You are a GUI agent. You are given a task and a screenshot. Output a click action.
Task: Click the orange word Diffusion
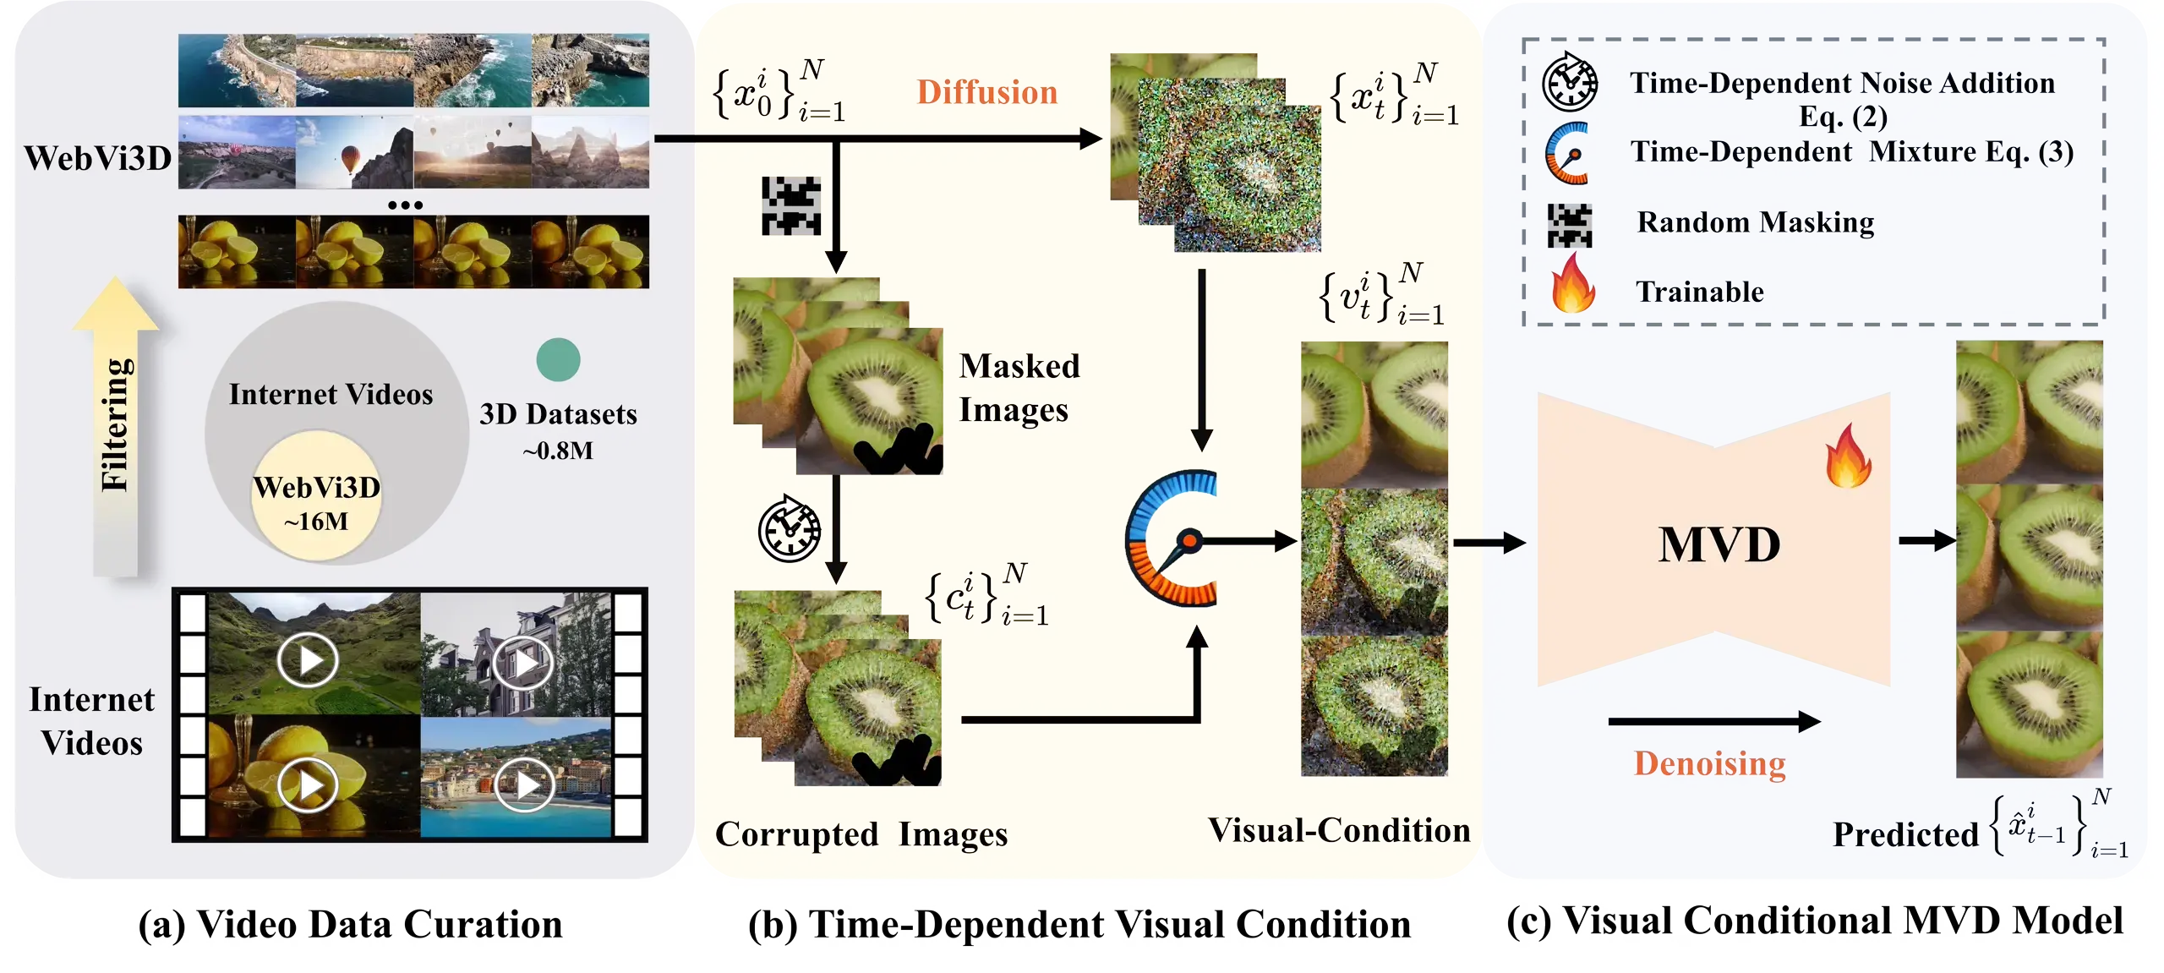tap(986, 92)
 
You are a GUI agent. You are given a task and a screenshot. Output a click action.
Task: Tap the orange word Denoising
tap(1709, 763)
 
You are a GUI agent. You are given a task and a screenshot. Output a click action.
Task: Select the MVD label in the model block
tap(1719, 544)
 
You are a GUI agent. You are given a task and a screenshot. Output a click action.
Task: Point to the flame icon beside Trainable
tap(1572, 284)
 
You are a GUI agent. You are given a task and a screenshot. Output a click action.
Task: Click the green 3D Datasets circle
tap(558, 360)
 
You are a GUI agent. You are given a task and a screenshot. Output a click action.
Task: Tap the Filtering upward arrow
tap(116, 427)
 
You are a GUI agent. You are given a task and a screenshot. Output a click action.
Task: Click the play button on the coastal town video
tap(524, 786)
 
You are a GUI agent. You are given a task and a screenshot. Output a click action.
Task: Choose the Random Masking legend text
tap(1755, 222)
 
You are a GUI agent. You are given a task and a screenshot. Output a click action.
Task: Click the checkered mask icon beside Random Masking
tap(1570, 226)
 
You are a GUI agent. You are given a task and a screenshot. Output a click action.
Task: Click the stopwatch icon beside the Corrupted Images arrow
tap(790, 529)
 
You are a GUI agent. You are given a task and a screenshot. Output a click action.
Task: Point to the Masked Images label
tap(1019, 388)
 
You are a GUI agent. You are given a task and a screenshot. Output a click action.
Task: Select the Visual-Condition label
tap(1339, 830)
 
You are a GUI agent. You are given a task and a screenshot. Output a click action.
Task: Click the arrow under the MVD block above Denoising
tap(1713, 721)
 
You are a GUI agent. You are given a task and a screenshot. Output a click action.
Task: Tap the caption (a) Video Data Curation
tap(350, 924)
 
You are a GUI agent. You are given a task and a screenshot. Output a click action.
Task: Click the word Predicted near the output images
tap(1905, 835)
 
